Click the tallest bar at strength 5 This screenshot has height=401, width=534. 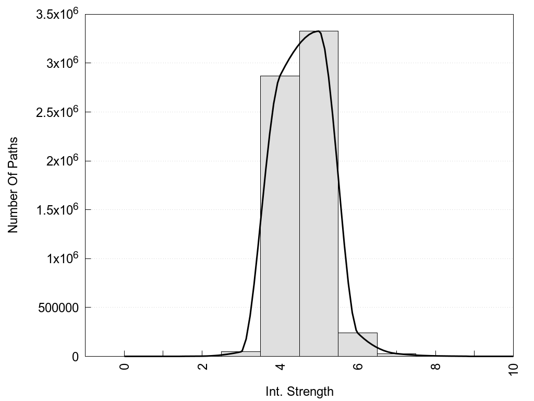319,193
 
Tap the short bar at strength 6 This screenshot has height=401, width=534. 357,345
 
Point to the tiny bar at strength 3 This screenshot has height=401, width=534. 240,354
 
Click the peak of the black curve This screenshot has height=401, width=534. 318,31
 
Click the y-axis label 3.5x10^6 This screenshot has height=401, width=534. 57,14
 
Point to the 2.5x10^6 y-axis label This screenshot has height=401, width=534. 57,112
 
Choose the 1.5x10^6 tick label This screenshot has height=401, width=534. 57,209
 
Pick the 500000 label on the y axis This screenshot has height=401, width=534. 58,308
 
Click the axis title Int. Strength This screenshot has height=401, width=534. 299,391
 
